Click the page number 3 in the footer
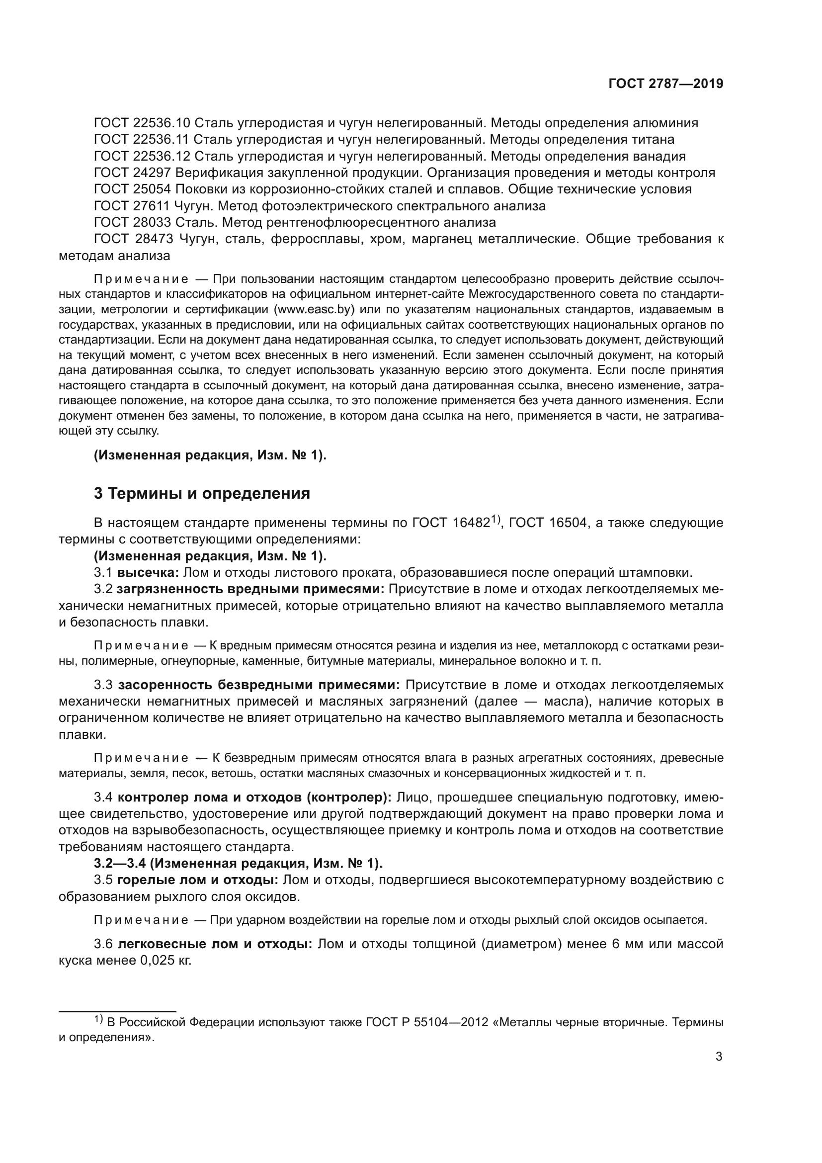pyautogui.click(x=719, y=1056)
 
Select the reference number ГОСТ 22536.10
pyautogui.click(x=142, y=123)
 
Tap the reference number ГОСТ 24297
pyautogui.click(x=133, y=173)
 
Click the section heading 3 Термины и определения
pyautogui.click(x=202, y=493)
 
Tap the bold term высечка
pyautogui.click(x=148, y=573)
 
